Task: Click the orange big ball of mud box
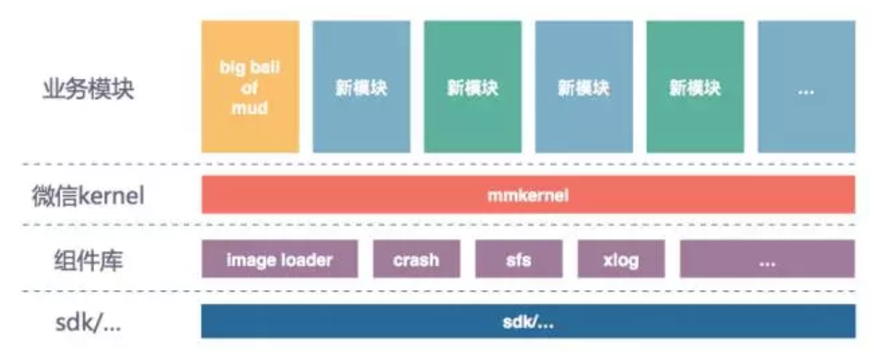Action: point(250,87)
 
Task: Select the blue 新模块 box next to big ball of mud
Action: point(361,87)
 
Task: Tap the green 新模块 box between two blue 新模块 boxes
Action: point(472,87)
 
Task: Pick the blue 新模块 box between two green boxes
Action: point(584,87)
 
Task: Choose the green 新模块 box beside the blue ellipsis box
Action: point(695,87)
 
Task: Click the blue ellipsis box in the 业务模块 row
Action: point(806,87)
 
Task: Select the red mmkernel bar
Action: point(528,195)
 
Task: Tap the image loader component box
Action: point(280,259)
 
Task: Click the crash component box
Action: point(416,259)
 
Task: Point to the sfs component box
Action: point(518,259)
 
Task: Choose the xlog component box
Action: point(621,259)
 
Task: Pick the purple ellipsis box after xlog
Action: point(767,259)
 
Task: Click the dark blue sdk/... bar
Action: point(528,321)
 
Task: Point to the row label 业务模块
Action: point(88,89)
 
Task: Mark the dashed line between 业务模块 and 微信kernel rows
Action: point(439,164)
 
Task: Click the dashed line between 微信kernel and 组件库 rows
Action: point(439,225)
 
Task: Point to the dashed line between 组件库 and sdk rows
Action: point(439,291)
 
